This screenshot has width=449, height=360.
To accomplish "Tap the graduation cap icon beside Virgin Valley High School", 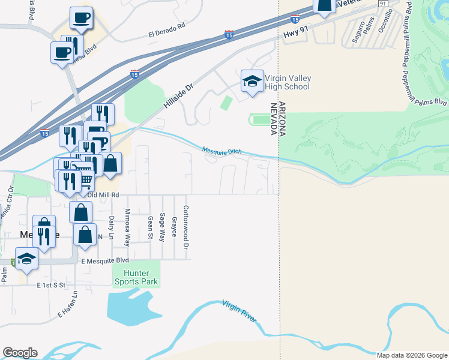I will [x=252, y=82].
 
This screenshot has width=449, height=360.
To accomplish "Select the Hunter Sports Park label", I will [x=137, y=277].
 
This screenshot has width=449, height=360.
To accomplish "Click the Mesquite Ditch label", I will [x=221, y=151].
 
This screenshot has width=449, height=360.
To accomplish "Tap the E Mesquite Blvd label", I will [x=105, y=260].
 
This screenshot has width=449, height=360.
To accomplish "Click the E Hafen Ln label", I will [x=68, y=305].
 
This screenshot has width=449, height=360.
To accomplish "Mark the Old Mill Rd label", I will [x=104, y=195].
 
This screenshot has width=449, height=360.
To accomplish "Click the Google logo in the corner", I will [x=20, y=352].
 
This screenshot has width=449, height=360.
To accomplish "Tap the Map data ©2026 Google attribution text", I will [x=412, y=355].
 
